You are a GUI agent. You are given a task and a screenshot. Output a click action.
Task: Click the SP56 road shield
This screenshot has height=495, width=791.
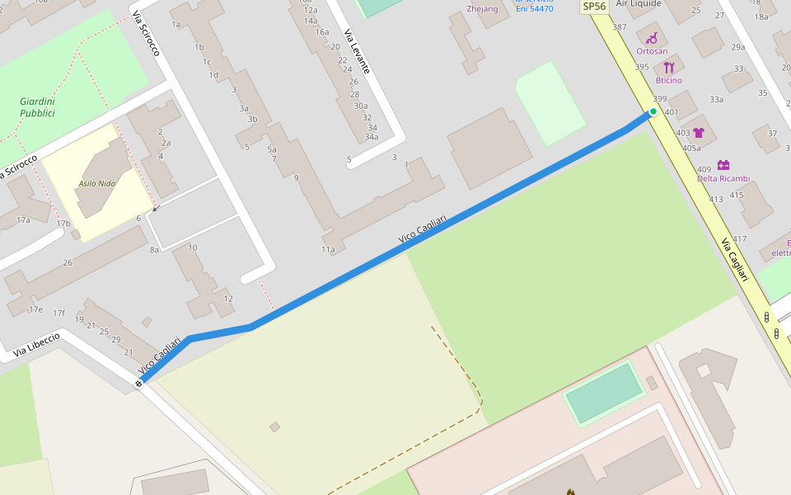click(x=593, y=7)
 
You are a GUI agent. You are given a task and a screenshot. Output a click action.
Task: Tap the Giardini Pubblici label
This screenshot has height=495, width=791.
click(x=37, y=107)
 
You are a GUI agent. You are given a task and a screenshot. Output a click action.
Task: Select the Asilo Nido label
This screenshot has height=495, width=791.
click(x=96, y=182)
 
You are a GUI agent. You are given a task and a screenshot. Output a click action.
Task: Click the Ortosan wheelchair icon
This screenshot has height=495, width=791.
click(x=652, y=38)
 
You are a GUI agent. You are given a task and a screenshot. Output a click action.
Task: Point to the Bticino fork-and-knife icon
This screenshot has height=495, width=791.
click(x=668, y=67)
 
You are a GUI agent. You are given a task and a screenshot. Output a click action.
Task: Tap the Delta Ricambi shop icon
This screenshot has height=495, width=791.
click(x=723, y=165)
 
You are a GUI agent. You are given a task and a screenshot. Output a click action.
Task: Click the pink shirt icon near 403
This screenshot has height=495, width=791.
click(x=699, y=132)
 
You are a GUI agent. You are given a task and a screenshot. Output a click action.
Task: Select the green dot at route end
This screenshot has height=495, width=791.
click(x=653, y=111)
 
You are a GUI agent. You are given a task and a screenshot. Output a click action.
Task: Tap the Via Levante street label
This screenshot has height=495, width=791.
click(x=357, y=51)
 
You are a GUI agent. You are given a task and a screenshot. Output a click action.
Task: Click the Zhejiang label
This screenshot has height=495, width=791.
click(x=482, y=9)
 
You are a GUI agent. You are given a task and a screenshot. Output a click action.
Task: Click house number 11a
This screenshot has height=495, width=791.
click(x=328, y=249)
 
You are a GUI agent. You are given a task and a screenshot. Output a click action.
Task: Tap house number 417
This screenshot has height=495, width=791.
click(x=739, y=239)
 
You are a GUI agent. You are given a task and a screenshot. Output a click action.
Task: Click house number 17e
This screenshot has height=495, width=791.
click(x=35, y=309)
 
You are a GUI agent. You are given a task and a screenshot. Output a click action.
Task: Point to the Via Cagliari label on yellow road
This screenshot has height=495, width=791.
click(x=738, y=260)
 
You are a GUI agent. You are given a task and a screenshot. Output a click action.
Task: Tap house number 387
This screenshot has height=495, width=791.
click(x=620, y=27)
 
